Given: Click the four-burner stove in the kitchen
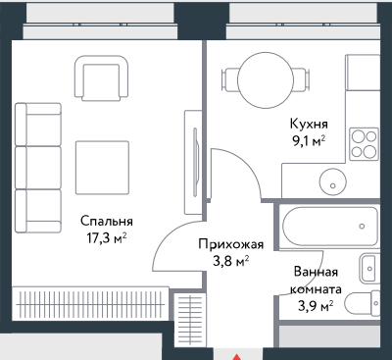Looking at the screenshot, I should [x=365, y=144].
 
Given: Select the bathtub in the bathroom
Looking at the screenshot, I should [x=327, y=229].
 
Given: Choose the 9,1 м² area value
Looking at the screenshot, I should [x=307, y=139].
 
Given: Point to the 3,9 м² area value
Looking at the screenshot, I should [x=317, y=305].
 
